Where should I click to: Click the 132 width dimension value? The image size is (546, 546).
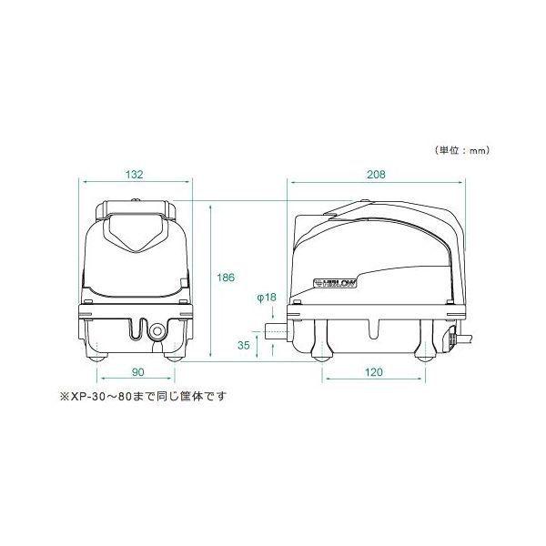click(x=135, y=174)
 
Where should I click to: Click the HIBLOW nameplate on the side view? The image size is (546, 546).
click(x=337, y=283)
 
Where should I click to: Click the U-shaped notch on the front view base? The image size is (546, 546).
click(x=136, y=329)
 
